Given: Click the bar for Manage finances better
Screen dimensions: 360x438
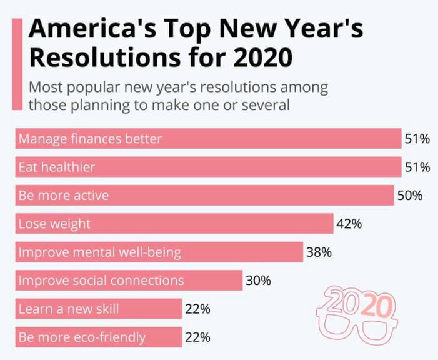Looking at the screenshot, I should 208,139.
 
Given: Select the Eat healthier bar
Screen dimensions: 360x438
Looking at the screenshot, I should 208,167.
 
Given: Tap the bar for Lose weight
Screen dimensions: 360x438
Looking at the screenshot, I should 174,224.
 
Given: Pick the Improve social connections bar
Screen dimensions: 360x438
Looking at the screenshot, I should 129,281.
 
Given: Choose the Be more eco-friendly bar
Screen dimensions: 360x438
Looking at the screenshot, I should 98,337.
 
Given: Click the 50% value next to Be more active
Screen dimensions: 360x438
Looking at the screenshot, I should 410,196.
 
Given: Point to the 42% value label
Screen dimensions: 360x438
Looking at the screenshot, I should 349,224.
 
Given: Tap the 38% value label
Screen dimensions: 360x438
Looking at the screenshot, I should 319,252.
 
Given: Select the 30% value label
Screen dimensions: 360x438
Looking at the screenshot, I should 258,281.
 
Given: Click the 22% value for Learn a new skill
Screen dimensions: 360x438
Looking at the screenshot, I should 197,309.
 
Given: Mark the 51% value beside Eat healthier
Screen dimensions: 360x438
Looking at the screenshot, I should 417,167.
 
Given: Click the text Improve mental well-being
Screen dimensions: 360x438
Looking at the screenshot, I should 100,252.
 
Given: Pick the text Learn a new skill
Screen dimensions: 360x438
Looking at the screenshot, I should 69,309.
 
